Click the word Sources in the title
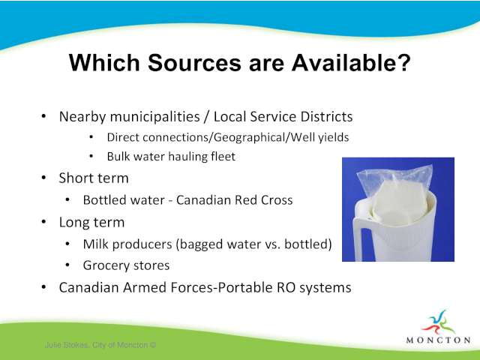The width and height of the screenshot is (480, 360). pyautogui.click(x=195, y=63)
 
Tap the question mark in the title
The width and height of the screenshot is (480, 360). pyautogui.click(x=403, y=62)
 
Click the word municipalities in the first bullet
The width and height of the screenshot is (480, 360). pyautogui.click(x=155, y=117)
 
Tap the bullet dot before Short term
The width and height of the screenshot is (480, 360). pyautogui.click(x=43, y=178)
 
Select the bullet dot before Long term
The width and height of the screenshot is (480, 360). pyautogui.click(x=43, y=222)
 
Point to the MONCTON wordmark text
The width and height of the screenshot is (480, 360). pyautogui.click(x=438, y=340)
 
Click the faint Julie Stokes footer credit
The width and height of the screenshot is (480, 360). pyautogui.click(x=100, y=345)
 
